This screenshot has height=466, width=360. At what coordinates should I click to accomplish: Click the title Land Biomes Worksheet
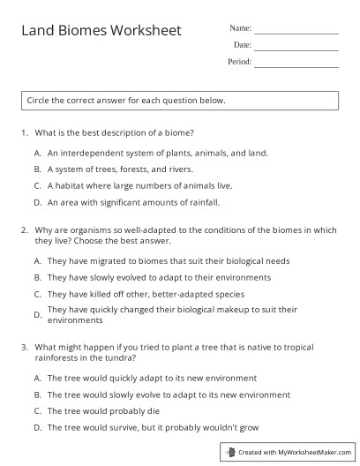pyautogui.click(x=101, y=31)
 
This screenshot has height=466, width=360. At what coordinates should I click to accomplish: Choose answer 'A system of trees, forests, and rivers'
pyautogui.click(x=119, y=169)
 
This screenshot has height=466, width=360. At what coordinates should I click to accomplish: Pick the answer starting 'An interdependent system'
pyautogui.click(x=146, y=151)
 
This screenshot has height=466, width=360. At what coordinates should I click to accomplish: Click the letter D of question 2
pyautogui.click(x=38, y=314)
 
